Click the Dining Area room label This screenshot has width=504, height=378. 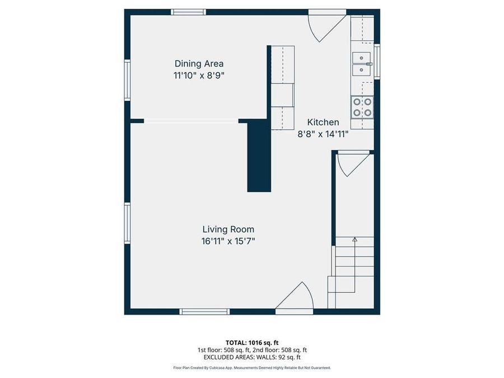pos(199,64)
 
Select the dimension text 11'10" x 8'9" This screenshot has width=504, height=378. pos(199,75)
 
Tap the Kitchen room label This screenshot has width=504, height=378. pos(323,122)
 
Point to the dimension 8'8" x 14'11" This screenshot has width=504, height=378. pos(323,134)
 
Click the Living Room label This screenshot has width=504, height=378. pos(228,229)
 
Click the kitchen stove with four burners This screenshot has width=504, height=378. pos(362,106)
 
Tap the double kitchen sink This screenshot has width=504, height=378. pos(362,63)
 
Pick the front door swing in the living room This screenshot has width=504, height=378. pos(296,297)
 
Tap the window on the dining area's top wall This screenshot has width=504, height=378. pos(188,12)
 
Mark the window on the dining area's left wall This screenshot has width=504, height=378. pos(127,80)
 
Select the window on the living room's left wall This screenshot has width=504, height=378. pos(127,223)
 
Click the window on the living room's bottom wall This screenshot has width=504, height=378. pos(205,311)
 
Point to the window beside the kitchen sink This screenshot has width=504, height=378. pos(377,61)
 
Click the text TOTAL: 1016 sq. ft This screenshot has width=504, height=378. pos(251,342)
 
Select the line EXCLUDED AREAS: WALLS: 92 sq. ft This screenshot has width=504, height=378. pos(251,357)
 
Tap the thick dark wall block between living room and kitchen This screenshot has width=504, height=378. pos(259,156)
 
